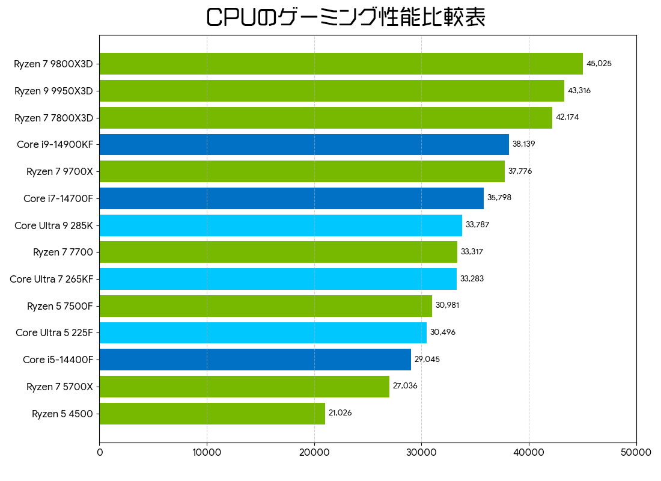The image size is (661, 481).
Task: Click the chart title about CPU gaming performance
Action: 346,17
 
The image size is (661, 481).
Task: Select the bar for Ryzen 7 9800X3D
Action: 341,64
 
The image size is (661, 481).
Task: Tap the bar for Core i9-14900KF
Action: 304,144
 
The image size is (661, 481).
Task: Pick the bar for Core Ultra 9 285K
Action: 281,225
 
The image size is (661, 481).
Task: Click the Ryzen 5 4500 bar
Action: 212,414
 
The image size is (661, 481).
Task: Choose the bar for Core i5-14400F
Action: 255,360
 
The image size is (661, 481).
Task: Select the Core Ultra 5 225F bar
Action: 263,332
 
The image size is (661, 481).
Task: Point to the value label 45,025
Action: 599,64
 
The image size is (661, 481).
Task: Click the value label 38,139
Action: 523,144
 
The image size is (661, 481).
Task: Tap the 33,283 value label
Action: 472,279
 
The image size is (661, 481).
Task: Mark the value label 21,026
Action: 340,413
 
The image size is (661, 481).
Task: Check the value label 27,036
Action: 405,386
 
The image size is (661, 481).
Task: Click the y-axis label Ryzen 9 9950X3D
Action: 53,91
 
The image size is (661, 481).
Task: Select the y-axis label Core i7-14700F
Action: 58,198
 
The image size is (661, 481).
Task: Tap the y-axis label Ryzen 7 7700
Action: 62,253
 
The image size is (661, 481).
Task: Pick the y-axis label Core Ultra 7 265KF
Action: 51,279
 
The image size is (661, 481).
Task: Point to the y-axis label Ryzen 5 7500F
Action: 59,306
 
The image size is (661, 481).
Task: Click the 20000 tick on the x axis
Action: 314,453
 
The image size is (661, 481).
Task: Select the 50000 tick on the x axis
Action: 636,453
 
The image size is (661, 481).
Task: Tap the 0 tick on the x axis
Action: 100,453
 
